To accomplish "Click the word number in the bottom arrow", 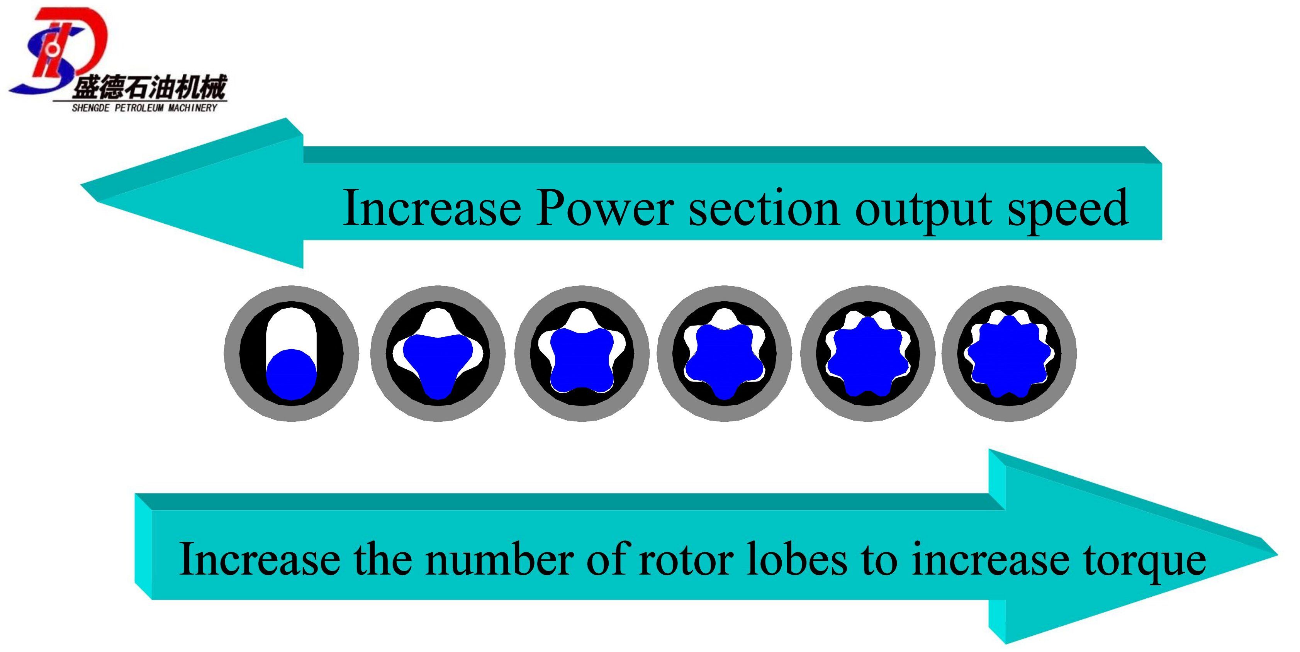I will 500,559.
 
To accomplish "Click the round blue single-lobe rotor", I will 291,374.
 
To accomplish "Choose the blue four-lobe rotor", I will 581,359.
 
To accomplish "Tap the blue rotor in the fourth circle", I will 724,359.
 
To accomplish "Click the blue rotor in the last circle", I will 1009,356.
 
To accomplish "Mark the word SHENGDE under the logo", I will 90,107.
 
